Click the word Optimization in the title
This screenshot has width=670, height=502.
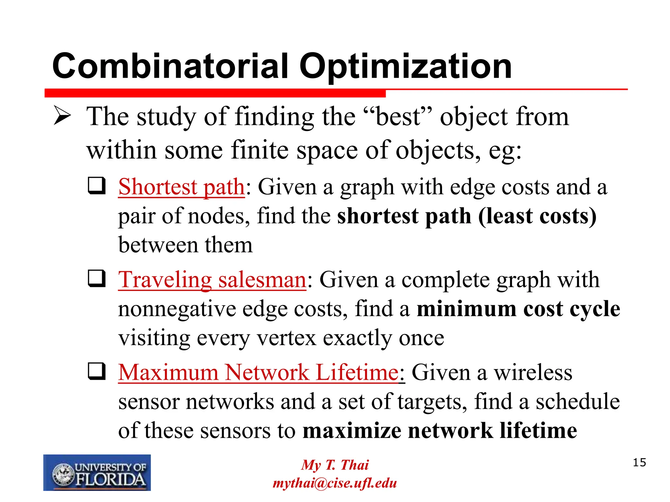[406, 67]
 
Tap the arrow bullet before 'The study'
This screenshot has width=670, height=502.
[62, 116]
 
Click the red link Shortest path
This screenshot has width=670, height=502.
[182, 187]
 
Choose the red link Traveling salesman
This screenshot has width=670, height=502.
[212, 280]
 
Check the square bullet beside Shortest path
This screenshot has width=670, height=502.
[97, 186]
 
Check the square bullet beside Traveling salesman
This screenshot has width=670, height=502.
[97, 278]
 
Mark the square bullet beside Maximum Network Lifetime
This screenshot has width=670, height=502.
[97, 371]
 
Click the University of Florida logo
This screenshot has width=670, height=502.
[97, 473]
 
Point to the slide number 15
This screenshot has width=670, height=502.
[639, 462]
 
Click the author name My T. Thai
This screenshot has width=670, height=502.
[335, 465]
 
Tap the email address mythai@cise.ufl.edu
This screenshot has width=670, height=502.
[335, 483]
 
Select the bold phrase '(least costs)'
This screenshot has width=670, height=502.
[537, 216]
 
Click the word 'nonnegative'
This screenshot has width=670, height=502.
[177, 309]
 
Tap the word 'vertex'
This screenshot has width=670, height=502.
[286, 338]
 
